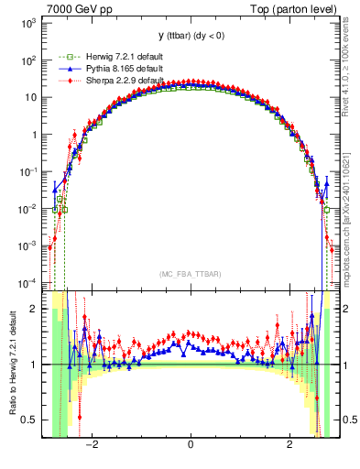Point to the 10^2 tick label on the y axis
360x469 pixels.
[x=27, y=60]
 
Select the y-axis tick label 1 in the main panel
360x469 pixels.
[x=33, y=135]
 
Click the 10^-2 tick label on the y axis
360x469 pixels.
[x=27, y=209]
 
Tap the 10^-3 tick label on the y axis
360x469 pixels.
[x=27, y=245]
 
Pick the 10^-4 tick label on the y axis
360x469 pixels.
[x=27, y=282]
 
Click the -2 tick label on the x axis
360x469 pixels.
[x=91, y=446]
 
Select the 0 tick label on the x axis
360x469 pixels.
[x=190, y=446]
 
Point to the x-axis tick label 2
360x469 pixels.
[x=289, y=446]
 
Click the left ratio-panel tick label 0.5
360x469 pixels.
[x=30, y=420]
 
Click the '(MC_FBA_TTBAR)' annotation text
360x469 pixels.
[x=190, y=275]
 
